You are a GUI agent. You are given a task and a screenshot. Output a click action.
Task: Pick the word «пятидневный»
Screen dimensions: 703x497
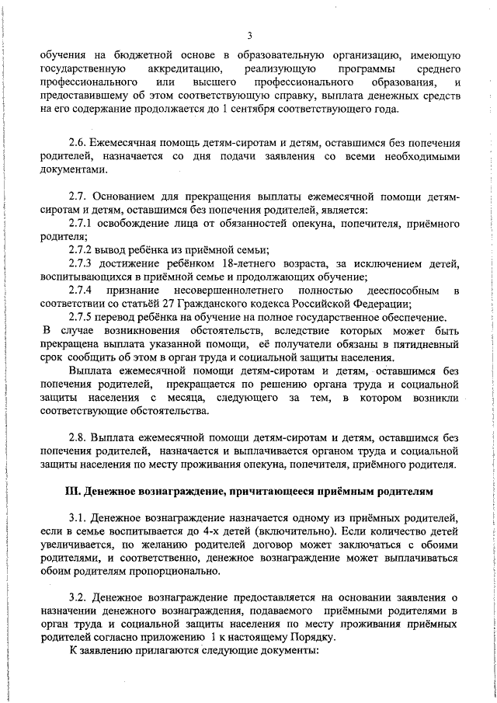426,344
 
